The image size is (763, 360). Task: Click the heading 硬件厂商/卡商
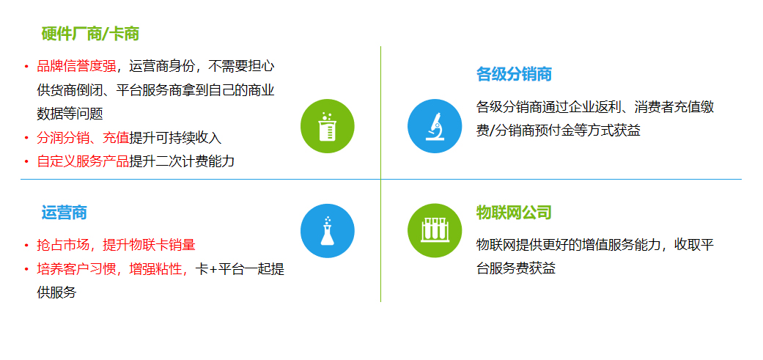pyautogui.click(x=90, y=34)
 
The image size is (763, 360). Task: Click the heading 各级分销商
pyautogui.click(x=514, y=75)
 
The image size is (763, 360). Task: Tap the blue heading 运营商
pyautogui.click(x=64, y=213)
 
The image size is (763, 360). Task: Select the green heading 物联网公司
pyautogui.click(x=514, y=213)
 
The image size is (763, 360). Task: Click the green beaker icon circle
pyautogui.click(x=328, y=126)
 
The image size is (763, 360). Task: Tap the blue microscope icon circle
pyautogui.click(x=435, y=126)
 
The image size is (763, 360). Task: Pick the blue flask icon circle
pyautogui.click(x=328, y=231)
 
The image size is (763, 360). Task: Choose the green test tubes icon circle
pyautogui.click(x=435, y=231)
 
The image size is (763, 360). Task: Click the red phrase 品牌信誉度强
pyautogui.click(x=76, y=66)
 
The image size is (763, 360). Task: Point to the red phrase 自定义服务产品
pyautogui.click(x=84, y=161)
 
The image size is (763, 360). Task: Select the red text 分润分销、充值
pyautogui.click(x=84, y=138)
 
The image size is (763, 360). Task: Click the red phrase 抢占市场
pyautogui.click(x=63, y=245)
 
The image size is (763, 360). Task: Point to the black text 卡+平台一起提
pyautogui.click(x=240, y=268)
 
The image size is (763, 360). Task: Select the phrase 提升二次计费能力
pyautogui.click(x=182, y=161)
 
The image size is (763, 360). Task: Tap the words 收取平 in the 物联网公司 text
pyautogui.click(x=694, y=245)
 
